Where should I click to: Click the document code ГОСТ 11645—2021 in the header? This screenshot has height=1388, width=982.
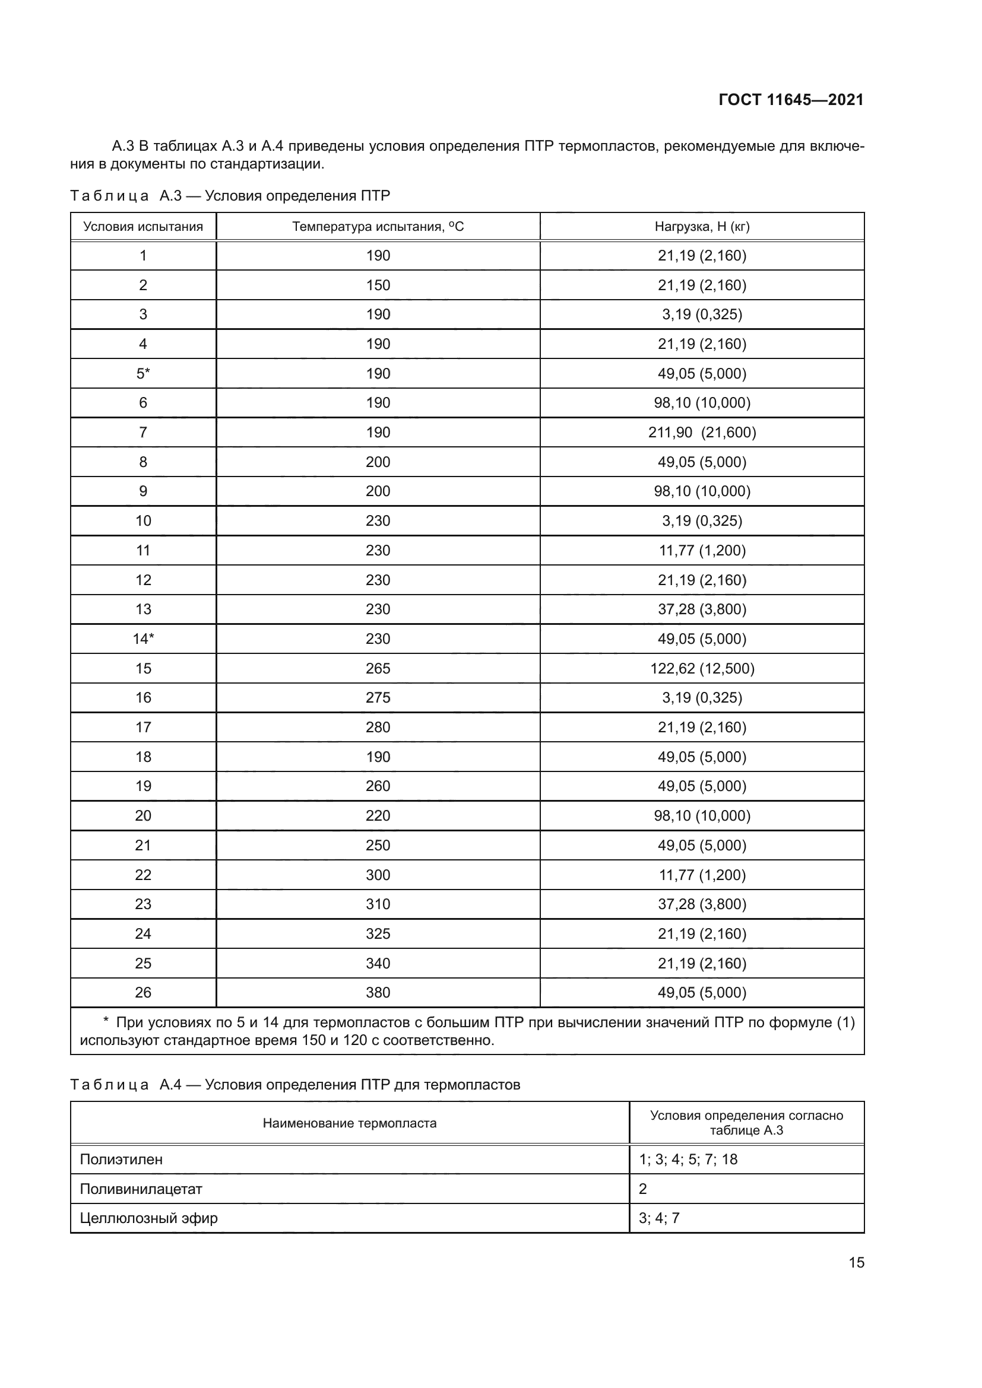(791, 100)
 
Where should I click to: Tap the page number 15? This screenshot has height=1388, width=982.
(856, 1263)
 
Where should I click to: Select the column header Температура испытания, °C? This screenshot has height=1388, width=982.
(378, 227)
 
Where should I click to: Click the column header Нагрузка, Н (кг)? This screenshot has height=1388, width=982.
(702, 227)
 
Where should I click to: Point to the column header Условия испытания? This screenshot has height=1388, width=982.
(143, 227)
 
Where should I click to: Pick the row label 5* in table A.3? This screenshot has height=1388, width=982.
(143, 374)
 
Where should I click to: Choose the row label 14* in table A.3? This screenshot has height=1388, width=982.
(143, 639)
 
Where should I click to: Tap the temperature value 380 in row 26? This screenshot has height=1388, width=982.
(378, 993)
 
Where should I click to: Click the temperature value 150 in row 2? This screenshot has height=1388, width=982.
(378, 285)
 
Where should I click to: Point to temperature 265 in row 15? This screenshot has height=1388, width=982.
(378, 669)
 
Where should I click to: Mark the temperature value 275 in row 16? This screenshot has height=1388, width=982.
(378, 698)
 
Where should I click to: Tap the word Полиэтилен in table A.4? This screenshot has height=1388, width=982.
(121, 1160)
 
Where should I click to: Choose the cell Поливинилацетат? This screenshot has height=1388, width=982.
(141, 1189)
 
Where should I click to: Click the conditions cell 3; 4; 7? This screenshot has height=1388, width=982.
(659, 1218)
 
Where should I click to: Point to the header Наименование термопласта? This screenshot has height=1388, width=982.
(350, 1123)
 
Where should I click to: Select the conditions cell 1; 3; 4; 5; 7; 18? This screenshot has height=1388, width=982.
(688, 1160)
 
